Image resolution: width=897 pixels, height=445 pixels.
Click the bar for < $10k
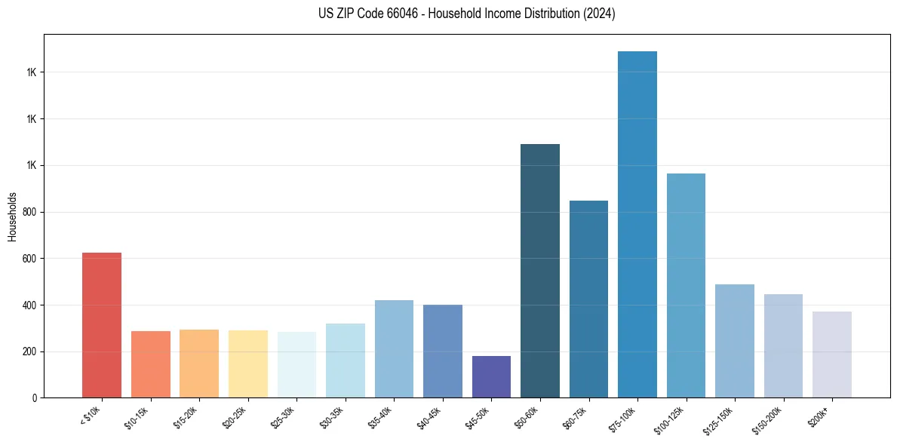[x=102, y=325]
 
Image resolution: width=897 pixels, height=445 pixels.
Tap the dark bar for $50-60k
[x=540, y=271]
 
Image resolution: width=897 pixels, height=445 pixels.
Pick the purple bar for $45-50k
[x=491, y=377]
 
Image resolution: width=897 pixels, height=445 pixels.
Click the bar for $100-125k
[x=686, y=286]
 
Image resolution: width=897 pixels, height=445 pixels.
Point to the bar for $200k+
[x=832, y=354]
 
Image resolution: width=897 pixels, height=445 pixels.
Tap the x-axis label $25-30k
[x=284, y=416]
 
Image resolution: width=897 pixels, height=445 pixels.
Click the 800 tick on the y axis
[x=30, y=212]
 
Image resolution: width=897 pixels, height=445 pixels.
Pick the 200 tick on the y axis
[x=30, y=351]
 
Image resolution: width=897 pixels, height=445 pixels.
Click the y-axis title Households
[x=12, y=216]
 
